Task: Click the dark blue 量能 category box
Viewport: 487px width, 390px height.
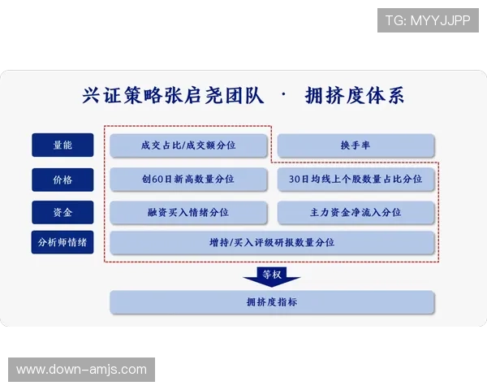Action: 62,145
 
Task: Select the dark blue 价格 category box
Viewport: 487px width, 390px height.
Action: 62,179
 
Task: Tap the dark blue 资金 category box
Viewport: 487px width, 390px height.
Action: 62,212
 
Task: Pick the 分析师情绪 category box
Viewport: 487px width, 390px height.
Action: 62,242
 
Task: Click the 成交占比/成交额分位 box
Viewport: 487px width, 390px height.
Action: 188,145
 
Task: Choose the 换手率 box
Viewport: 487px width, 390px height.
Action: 356,145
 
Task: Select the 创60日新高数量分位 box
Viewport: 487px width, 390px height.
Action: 188,179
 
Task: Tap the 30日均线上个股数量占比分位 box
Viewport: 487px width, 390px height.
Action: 356,179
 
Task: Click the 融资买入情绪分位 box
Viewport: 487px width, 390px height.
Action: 188,212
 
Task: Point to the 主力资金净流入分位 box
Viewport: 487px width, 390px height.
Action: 356,212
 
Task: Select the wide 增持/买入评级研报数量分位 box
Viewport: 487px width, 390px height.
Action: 272,242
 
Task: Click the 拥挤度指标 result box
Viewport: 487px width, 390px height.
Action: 272,302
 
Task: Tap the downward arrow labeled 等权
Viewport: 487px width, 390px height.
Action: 272,276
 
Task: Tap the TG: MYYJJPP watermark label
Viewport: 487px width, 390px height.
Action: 428,19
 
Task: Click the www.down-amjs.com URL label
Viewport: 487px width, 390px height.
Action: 81,370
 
